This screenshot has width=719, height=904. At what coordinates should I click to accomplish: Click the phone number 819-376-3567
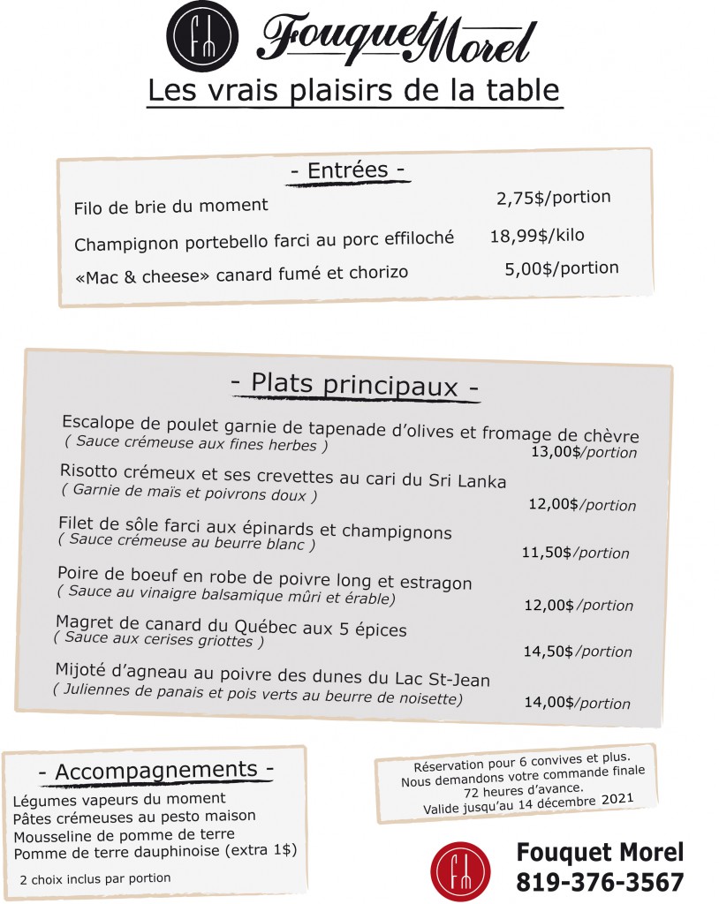600,882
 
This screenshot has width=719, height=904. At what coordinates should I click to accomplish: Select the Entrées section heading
348,170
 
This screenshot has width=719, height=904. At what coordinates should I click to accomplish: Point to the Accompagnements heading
155,771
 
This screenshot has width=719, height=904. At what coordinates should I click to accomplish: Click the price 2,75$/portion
554,198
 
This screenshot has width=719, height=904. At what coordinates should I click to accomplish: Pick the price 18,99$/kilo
537,236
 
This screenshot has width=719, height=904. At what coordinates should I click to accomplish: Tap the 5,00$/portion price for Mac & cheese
562,268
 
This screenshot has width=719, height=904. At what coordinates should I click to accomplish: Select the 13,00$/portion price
584,452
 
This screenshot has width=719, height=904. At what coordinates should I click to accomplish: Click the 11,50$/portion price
575,554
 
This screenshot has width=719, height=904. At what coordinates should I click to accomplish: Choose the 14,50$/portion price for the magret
578,652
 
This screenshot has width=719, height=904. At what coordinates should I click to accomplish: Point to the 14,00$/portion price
578,704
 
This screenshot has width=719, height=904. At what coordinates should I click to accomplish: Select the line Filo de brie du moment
170,206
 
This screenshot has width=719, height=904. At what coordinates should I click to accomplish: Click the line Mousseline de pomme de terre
124,834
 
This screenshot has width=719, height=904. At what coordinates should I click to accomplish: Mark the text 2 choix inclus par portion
95,878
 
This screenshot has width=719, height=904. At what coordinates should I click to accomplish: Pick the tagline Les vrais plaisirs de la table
353,90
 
